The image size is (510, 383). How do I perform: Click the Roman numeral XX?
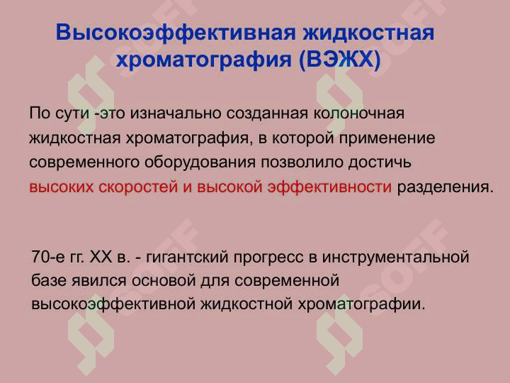coord(103,256)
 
